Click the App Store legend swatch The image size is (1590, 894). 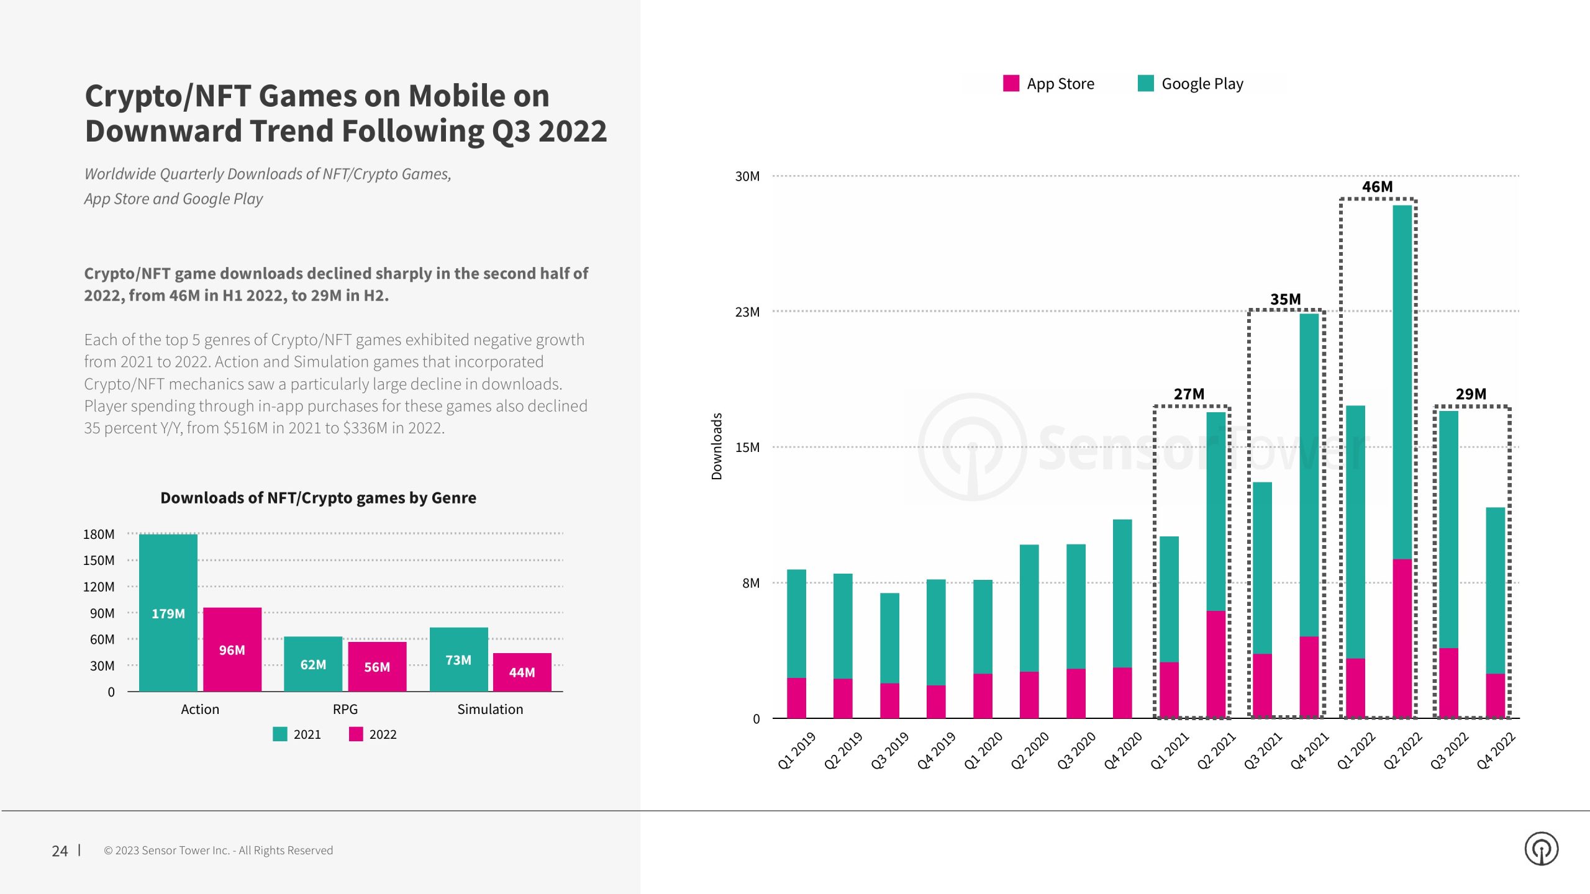[1011, 83]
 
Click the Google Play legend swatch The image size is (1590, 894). [1145, 83]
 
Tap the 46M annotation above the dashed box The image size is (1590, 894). [1377, 187]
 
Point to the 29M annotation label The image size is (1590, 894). [1471, 394]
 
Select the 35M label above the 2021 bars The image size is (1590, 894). [1285, 299]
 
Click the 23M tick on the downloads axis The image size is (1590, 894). [747, 312]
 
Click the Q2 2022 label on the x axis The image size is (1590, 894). [1402, 750]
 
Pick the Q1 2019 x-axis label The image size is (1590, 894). [796, 750]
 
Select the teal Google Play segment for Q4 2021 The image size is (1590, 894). [1309, 475]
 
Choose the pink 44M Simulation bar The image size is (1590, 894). [522, 672]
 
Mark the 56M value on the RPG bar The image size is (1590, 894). [377, 667]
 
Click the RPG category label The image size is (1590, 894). [345, 709]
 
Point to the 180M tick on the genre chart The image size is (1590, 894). [99, 534]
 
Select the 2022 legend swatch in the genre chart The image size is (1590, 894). [356, 734]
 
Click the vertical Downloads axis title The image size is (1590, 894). [717, 446]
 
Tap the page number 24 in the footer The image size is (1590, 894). [60, 851]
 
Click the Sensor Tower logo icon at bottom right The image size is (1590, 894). [1541, 849]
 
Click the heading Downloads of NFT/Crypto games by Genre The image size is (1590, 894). [318, 498]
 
